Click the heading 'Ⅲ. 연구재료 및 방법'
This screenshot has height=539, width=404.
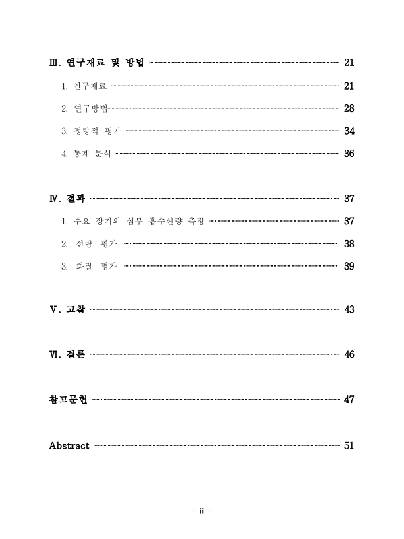click(x=96, y=63)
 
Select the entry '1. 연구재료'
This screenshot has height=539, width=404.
click(x=84, y=86)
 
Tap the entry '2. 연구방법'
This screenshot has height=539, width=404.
click(x=84, y=108)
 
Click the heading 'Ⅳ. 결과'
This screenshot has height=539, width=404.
click(x=67, y=199)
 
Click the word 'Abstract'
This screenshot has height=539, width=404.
click(x=69, y=445)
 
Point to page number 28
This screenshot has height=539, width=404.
click(x=349, y=108)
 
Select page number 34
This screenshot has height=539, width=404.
click(x=349, y=131)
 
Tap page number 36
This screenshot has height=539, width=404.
click(x=349, y=154)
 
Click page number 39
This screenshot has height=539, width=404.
click(x=349, y=266)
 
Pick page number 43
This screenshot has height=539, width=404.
click(x=349, y=310)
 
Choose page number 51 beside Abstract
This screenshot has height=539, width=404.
click(x=349, y=445)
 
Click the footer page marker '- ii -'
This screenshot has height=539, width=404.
click(x=202, y=511)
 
